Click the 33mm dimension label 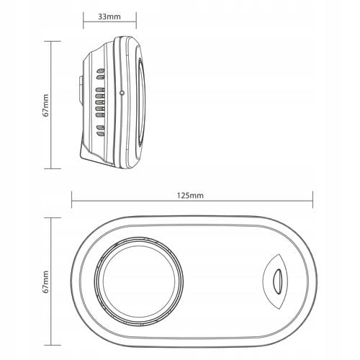[x=109, y=17]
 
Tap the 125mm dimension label [x=190, y=196]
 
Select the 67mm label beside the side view [x=46, y=105]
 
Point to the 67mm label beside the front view [x=46, y=282]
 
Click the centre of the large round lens [x=139, y=282]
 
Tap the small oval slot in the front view [x=277, y=282]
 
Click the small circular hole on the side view [x=122, y=92]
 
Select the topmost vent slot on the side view [x=101, y=71]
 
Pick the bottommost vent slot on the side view [x=101, y=133]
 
